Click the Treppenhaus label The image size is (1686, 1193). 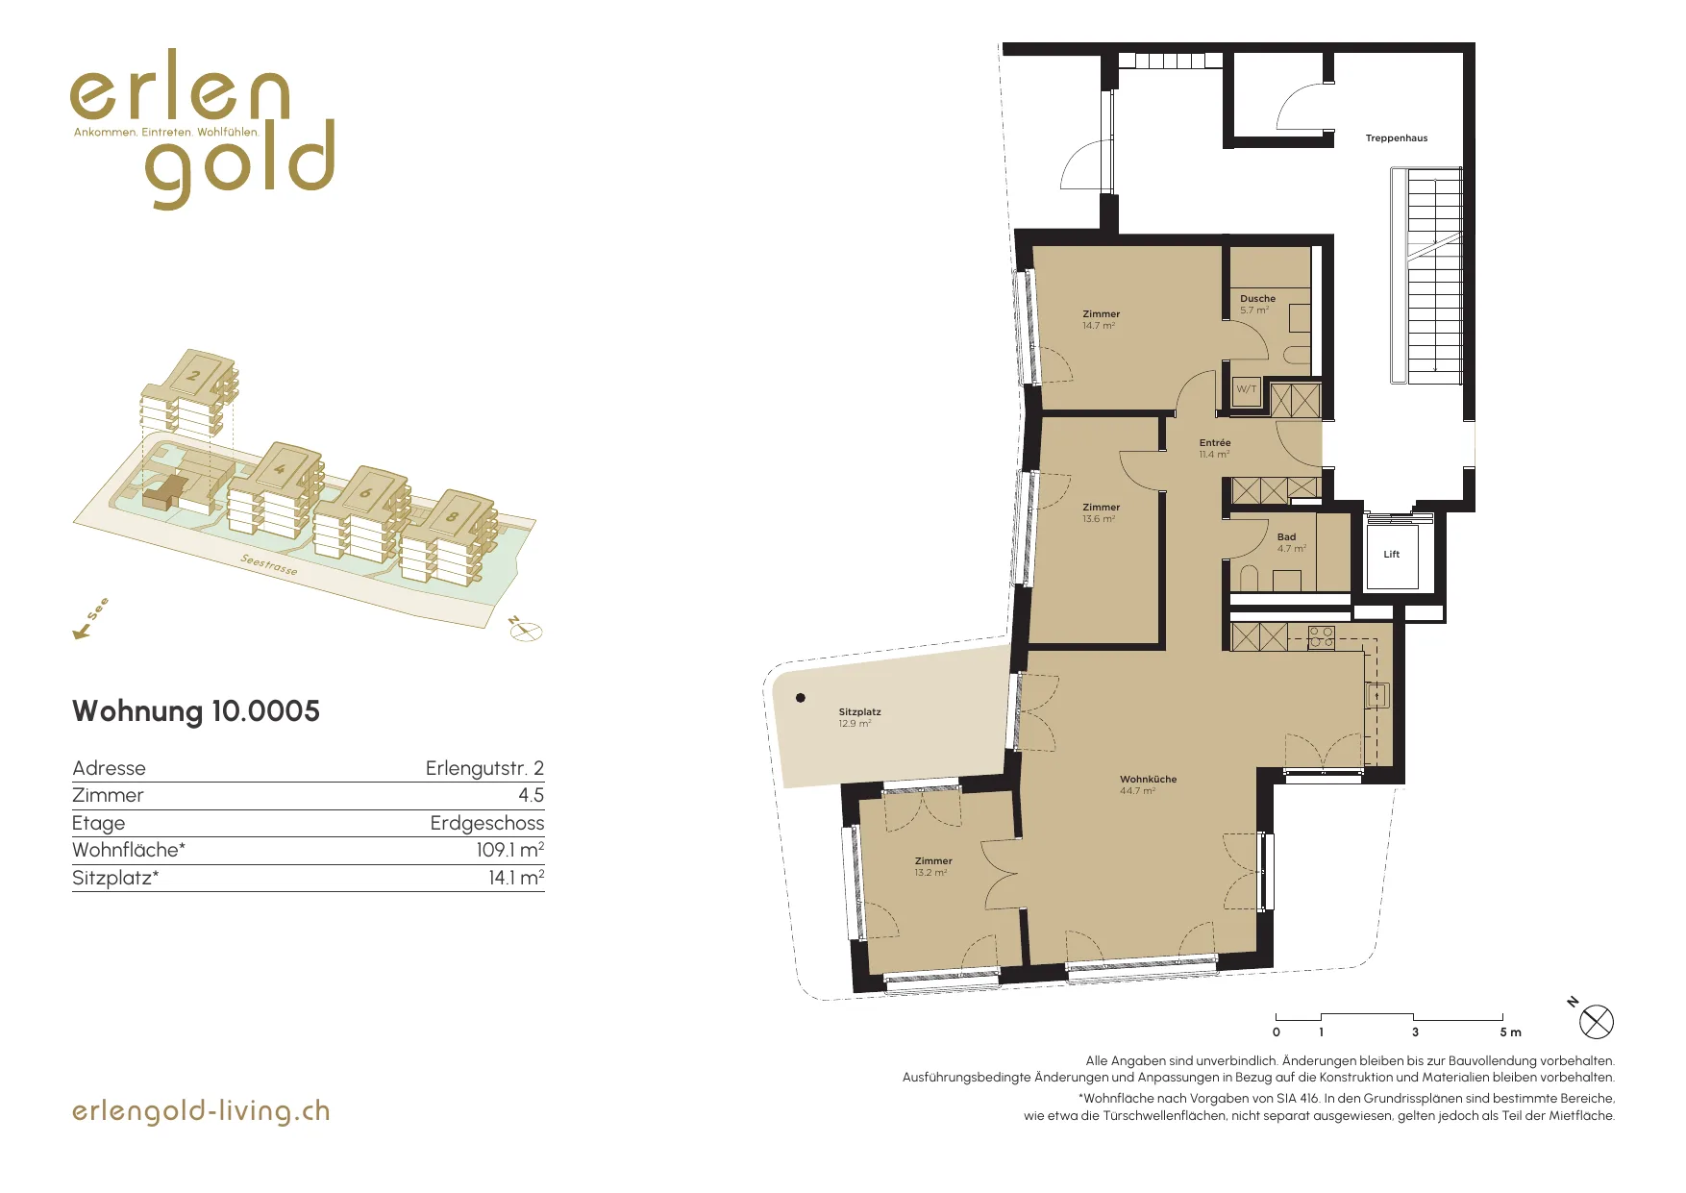click(x=1397, y=138)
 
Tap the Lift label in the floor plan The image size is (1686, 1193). click(x=1391, y=555)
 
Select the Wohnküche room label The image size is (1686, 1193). click(x=1148, y=780)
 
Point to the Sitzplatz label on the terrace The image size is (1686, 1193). click(x=859, y=712)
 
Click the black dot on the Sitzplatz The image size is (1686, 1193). click(x=801, y=698)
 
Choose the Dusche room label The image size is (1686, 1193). click(x=1257, y=299)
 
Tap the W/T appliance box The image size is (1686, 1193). click(x=1247, y=390)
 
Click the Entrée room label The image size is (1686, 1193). click(x=1215, y=443)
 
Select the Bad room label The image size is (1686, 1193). click(x=1286, y=537)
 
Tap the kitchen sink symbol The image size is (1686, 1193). click(x=1377, y=694)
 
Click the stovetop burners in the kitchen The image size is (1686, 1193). click(x=1321, y=636)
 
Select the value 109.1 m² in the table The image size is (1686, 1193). click(x=509, y=850)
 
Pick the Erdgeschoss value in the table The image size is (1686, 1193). click(x=487, y=823)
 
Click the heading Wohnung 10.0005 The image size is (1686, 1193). click(x=196, y=711)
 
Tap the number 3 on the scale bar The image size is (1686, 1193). click(x=1415, y=1032)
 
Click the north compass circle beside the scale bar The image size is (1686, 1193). click(x=1596, y=1022)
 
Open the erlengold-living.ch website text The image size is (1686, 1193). click(x=201, y=1111)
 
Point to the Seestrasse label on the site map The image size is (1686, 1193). click(x=269, y=565)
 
